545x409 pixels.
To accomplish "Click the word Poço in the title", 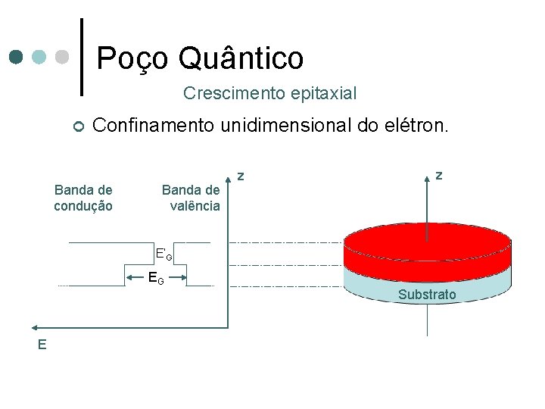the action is point(133,58).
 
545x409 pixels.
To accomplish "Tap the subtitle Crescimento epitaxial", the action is point(269,94).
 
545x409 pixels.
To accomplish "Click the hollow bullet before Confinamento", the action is point(78,126).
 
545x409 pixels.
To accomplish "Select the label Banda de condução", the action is point(83,198).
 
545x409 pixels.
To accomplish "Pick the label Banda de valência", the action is point(192,198).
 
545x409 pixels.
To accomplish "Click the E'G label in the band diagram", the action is point(163,254).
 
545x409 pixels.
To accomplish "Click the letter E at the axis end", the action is point(42,345).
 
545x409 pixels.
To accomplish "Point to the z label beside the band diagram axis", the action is point(241,176).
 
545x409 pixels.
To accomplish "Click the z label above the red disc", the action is point(439,175).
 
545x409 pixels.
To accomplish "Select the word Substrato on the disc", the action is point(427,295).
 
